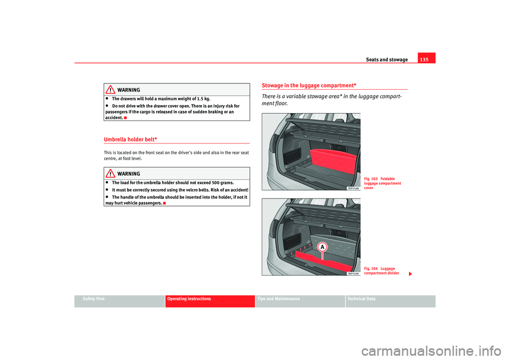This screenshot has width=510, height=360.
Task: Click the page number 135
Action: [x=426, y=59]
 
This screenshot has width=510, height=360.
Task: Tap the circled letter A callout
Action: [x=322, y=247]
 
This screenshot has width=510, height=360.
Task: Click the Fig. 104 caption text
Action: [x=380, y=271]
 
